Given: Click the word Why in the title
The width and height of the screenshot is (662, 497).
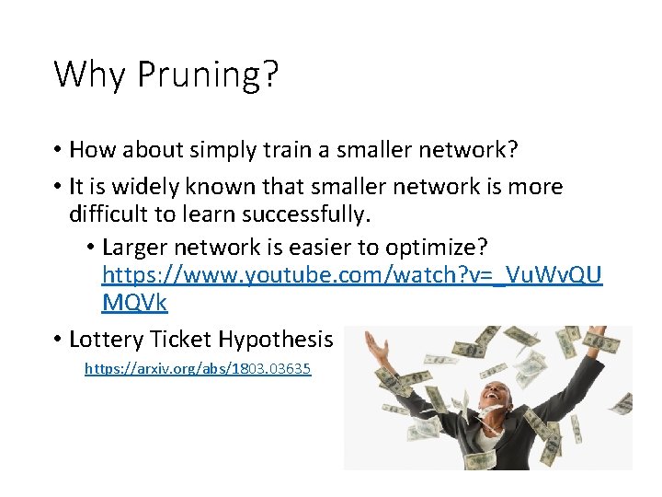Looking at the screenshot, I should pos(91,74).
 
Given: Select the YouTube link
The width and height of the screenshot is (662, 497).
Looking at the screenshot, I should pos(352,274).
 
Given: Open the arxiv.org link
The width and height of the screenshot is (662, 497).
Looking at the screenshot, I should pos(198,368).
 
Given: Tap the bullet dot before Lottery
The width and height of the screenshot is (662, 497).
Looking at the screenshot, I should pos(57,340).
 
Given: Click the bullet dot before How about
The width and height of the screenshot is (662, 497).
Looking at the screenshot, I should pos(57,149).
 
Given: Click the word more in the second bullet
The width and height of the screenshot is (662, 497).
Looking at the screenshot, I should pos(535,187).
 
